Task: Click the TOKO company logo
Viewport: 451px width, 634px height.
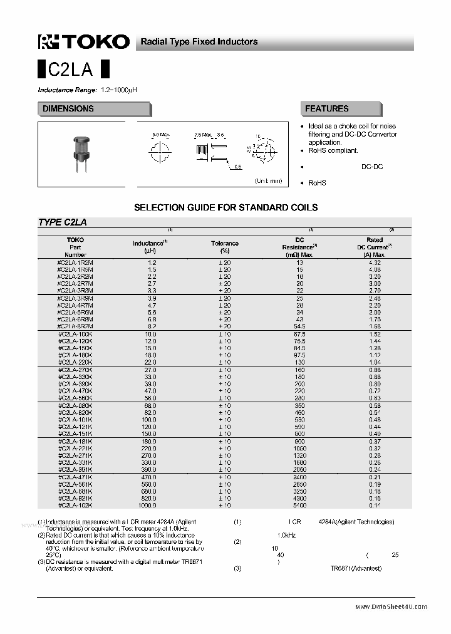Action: [84, 41]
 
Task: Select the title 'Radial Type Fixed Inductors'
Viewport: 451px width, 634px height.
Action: [199, 42]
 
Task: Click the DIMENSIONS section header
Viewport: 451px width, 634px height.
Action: [68, 109]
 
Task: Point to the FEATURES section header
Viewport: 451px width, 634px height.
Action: [326, 109]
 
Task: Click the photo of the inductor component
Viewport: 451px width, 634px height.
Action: [80, 153]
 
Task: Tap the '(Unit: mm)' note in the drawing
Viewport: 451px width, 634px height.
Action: [268, 180]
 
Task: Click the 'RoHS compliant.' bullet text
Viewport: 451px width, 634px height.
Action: [333, 150]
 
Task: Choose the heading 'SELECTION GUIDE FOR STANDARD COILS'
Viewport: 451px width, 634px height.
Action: [225, 207]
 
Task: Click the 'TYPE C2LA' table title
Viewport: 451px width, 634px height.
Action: [63, 222]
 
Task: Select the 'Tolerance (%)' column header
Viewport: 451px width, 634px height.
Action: [224, 247]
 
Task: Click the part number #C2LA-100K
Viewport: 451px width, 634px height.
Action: [75, 335]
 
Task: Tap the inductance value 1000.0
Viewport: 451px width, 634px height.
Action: [147, 505]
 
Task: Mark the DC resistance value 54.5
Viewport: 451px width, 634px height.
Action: [299, 326]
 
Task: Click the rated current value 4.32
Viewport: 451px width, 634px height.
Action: [375, 262]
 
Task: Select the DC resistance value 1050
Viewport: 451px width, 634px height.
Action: [299, 449]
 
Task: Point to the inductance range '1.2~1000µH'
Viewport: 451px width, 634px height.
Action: [118, 90]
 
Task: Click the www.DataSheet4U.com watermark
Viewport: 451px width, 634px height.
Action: [391, 606]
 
